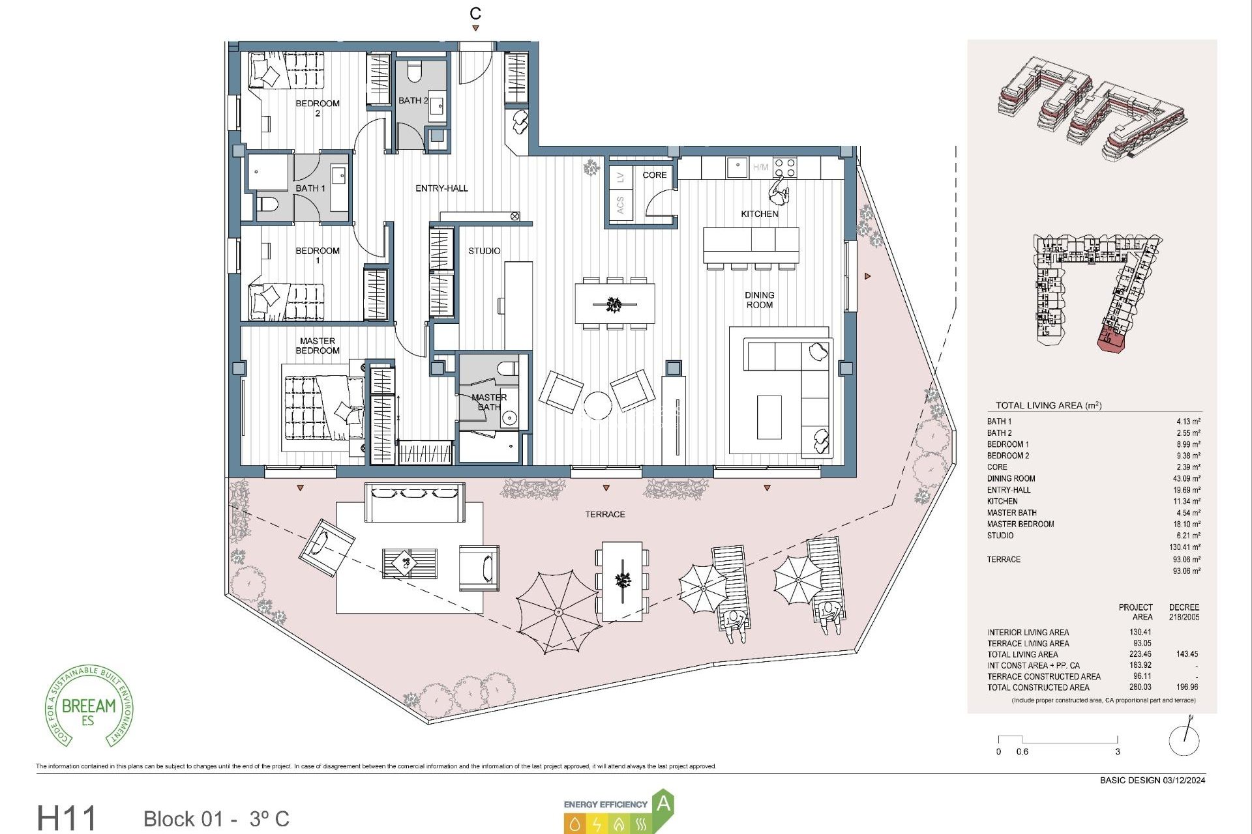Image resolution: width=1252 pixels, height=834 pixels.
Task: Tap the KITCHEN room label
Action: pyautogui.click(x=759, y=214)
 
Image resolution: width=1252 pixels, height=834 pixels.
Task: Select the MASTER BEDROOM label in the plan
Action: pyautogui.click(x=317, y=345)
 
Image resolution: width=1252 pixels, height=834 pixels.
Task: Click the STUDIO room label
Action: pyautogui.click(x=484, y=251)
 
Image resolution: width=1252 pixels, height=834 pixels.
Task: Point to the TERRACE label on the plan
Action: pyautogui.click(x=604, y=514)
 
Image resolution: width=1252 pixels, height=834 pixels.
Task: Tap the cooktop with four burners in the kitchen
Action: pyautogui.click(x=784, y=167)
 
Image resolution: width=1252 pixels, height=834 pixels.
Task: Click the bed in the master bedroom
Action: pyautogui.click(x=324, y=409)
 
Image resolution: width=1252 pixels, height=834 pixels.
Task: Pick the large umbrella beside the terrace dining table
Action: pyautogui.click(x=558, y=611)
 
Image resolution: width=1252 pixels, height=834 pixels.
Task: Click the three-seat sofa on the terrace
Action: pyautogui.click(x=414, y=502)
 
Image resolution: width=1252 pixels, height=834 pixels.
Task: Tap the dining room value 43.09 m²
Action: pyautogui.click(x=1186, y=478)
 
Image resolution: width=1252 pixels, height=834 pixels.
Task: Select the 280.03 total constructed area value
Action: pyautogui.click(x=1140, y=687)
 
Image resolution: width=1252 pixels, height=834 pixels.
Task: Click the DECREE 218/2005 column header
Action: pyautogui.click(x=1184, y=611)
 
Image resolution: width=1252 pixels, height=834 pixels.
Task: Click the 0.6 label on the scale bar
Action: pyautogui.click(x=1022, y=751)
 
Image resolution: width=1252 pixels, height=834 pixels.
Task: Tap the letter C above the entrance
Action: pyautogui.click(x=475, y=13)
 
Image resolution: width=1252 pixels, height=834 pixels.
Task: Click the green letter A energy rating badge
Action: pyautogui.click(x=663, y=803)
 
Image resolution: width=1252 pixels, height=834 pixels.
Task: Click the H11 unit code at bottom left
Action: pyautogui.click(x=67, y=818)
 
